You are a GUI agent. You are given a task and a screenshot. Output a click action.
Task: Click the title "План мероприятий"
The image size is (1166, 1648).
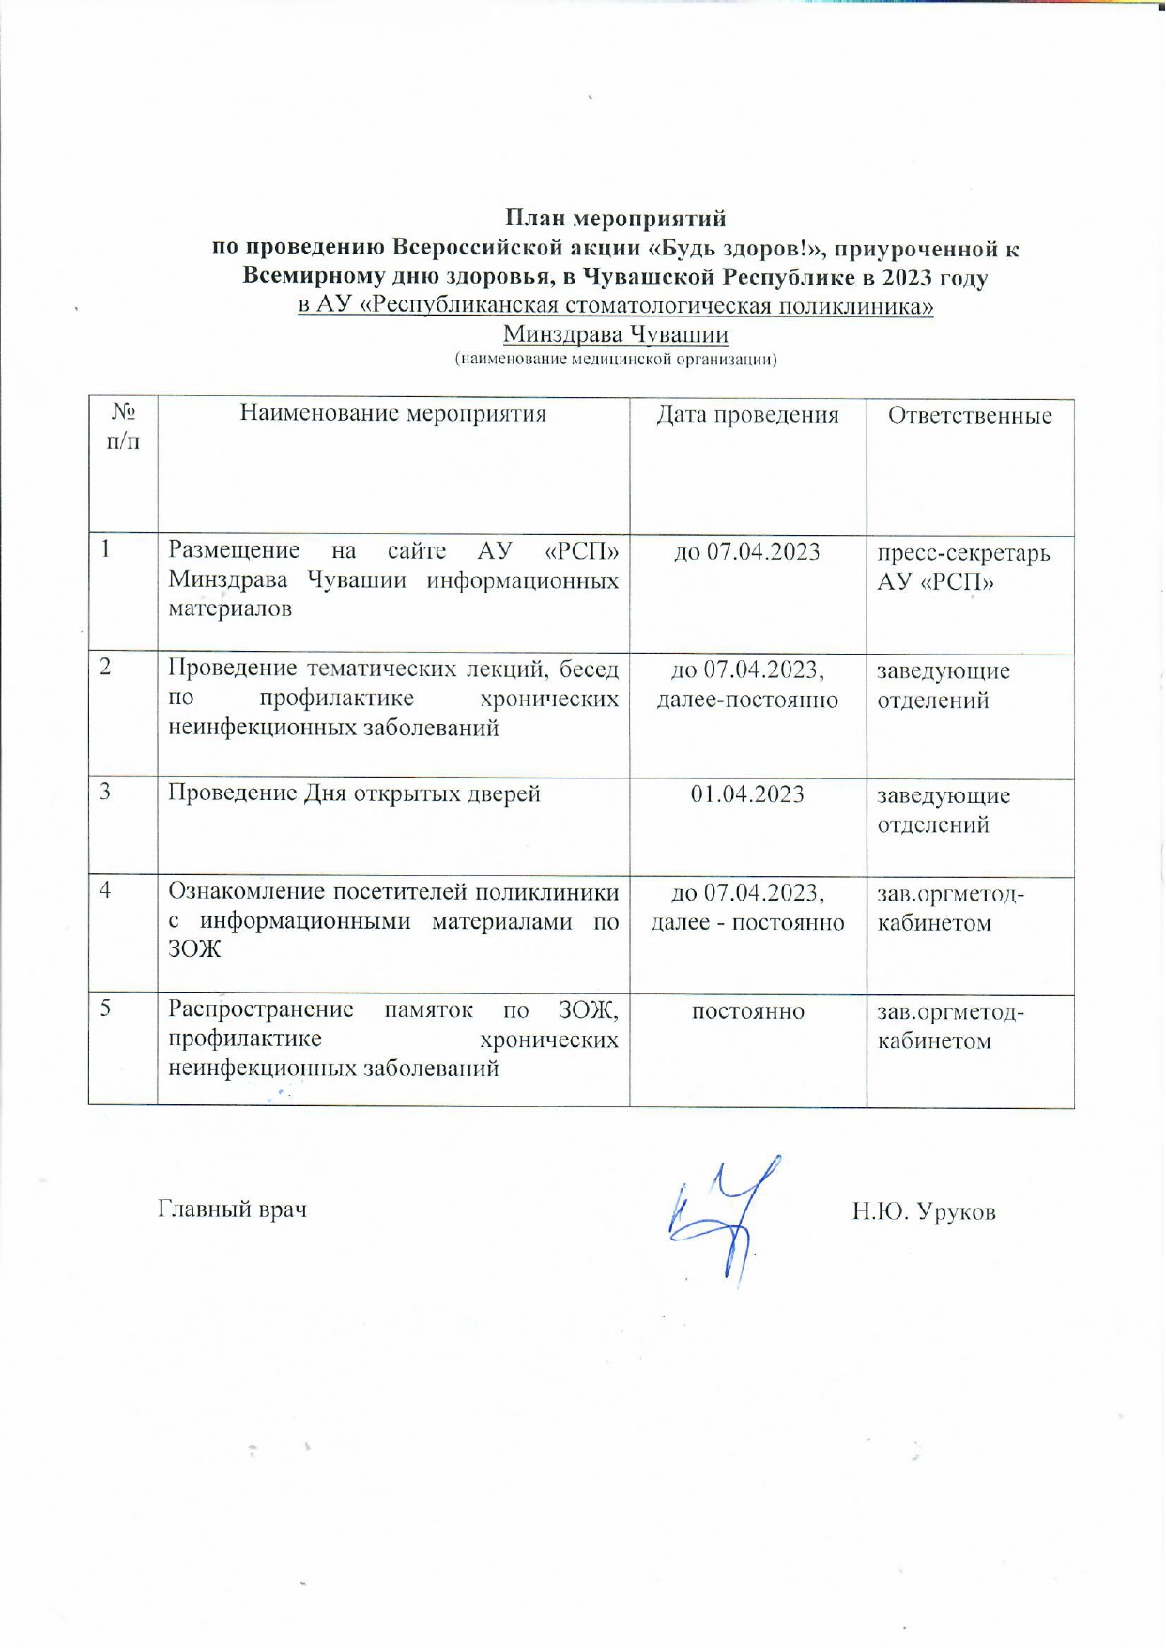[616, 219]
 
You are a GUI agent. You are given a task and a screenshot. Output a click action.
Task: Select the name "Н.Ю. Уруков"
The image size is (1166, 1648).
[924, 1212]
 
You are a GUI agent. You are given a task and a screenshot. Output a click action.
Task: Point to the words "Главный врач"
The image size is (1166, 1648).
[232, 1209]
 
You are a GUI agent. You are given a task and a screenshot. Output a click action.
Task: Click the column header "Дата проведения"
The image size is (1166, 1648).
[747, 415]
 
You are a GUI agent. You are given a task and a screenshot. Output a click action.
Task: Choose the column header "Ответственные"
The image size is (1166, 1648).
[970, 416]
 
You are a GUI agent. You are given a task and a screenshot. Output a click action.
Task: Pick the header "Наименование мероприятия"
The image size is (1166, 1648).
[392, 414]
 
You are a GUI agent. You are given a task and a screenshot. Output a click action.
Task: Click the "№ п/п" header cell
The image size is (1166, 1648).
[123, 426]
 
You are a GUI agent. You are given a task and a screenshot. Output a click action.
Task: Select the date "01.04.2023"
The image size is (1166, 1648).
[747, 794]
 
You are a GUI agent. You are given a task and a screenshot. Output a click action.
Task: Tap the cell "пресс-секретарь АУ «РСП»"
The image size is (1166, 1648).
[963, 567]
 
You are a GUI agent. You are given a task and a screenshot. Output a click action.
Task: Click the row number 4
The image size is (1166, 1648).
[107, 889]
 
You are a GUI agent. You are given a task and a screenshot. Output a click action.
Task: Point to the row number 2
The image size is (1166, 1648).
[107, 668]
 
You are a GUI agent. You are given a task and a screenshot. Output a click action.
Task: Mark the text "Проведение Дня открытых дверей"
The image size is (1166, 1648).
[354, 793]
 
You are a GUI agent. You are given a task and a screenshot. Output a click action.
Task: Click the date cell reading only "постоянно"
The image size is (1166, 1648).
[747, 1011]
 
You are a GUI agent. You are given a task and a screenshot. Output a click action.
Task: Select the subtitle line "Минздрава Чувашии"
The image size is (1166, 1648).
[616, 334]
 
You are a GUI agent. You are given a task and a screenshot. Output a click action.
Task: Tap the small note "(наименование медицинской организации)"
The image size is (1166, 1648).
[616, 360]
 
